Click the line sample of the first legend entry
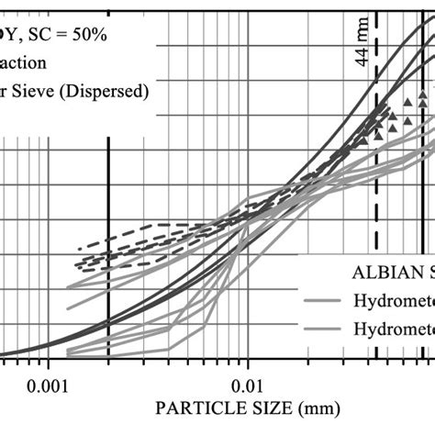pos(321,299)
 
